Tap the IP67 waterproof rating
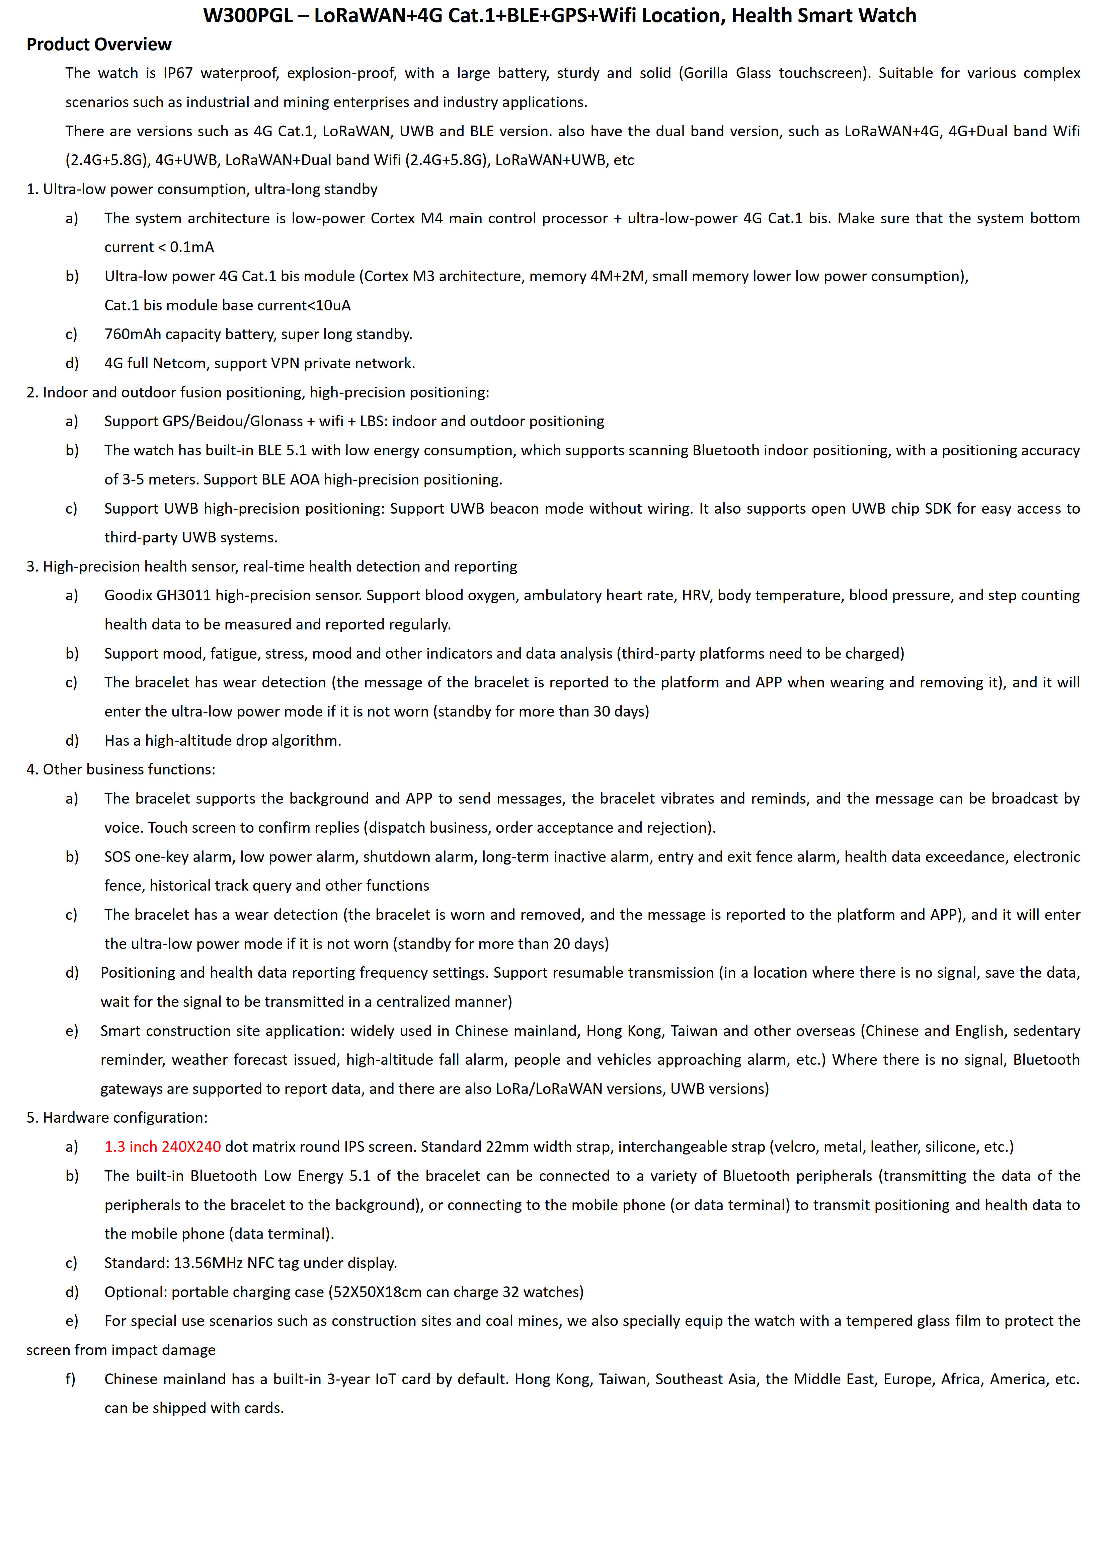click(x=178, y=73)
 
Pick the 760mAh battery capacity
click(x=133, y=334)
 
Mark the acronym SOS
click(x=118, y=856)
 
